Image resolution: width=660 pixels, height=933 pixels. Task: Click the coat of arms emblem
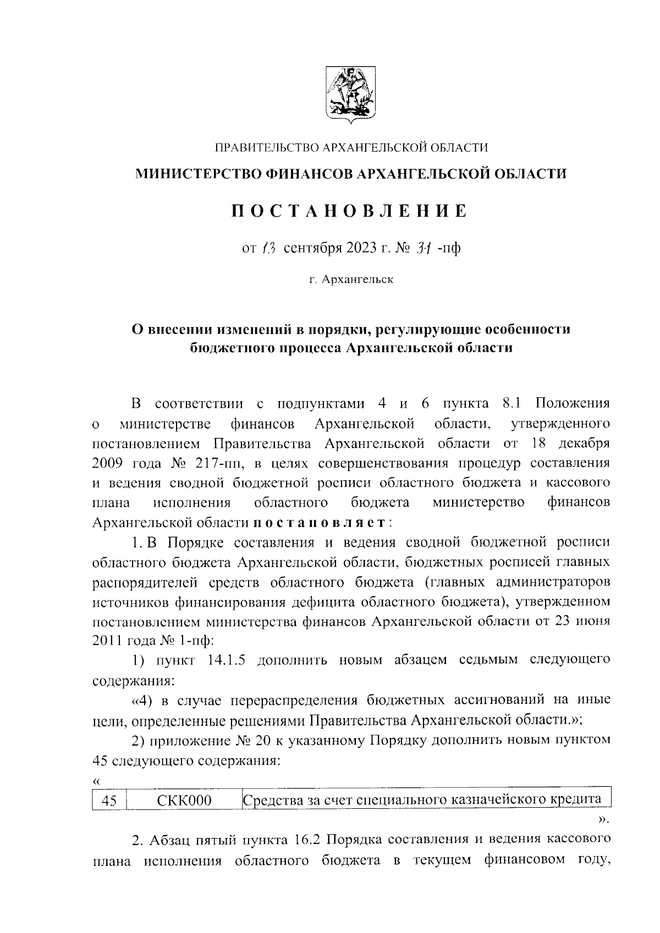click(x=350, y=93)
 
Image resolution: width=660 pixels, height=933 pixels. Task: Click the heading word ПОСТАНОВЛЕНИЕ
click(x=350, y=211)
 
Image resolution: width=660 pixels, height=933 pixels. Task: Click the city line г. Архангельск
click(x=350, y=280)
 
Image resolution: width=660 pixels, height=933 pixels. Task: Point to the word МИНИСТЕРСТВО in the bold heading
click(x=199, y=174)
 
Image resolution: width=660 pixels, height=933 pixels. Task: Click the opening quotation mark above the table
click(x=97, y=781)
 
